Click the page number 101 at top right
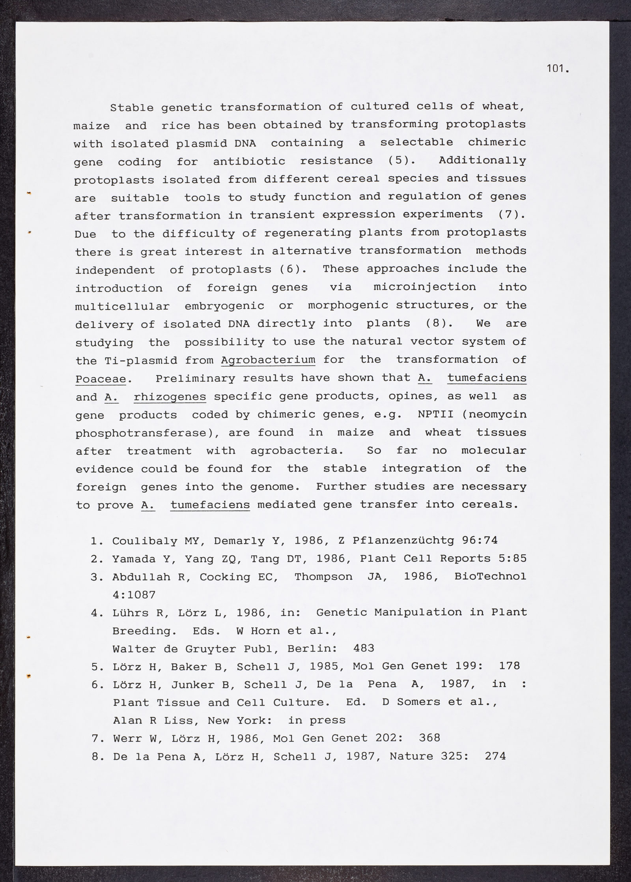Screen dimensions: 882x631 (557, 69)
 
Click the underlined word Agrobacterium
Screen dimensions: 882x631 (268, 360)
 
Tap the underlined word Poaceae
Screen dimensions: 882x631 (101, 378)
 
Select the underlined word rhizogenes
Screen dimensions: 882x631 (170, 397)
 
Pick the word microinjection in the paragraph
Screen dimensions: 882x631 (425, 287)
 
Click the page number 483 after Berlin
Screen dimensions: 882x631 (364, 648)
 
